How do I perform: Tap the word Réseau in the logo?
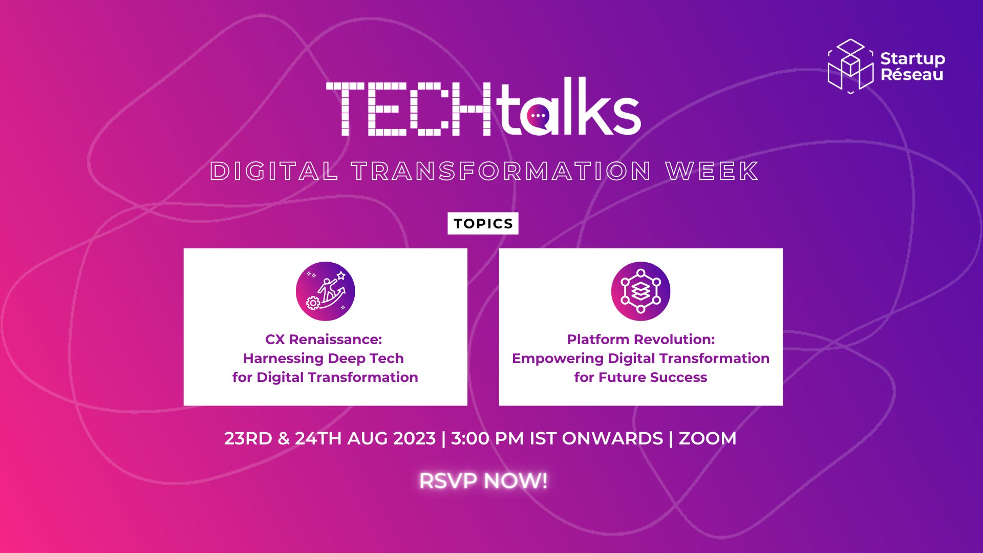click(912, 75)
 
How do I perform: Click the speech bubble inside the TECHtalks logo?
click(538, 116)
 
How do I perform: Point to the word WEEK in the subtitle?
click(712, 171)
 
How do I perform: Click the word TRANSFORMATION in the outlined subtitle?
click(501, 171)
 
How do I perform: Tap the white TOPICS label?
click(483, 224)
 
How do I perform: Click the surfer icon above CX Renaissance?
click(325, 291)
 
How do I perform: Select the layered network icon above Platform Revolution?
click(640, 291)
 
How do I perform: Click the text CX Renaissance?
click(324, 339)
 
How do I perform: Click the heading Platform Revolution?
click(640, 339)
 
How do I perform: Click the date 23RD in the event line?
click(248, 439)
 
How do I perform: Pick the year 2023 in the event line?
click(414, 439)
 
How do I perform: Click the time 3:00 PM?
click(487, 439)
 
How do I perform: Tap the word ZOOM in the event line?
click(707, 439)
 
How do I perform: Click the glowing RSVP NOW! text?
click(483, 481)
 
